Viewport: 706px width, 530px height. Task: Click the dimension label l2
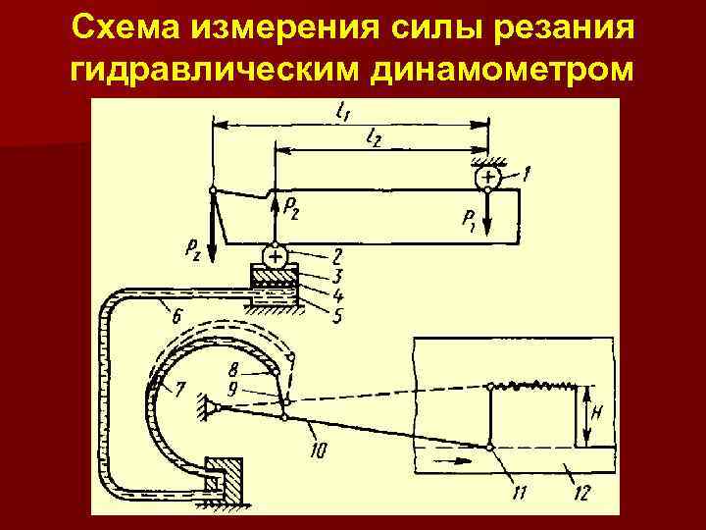click(x=374, y=139)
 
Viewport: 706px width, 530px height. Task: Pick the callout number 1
click(x=527, y=174)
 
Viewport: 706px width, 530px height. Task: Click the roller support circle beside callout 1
click(x=487, y=177)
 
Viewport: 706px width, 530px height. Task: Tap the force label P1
click(x=469, y=222)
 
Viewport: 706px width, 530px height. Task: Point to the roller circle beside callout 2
click(x=276, y=257)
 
